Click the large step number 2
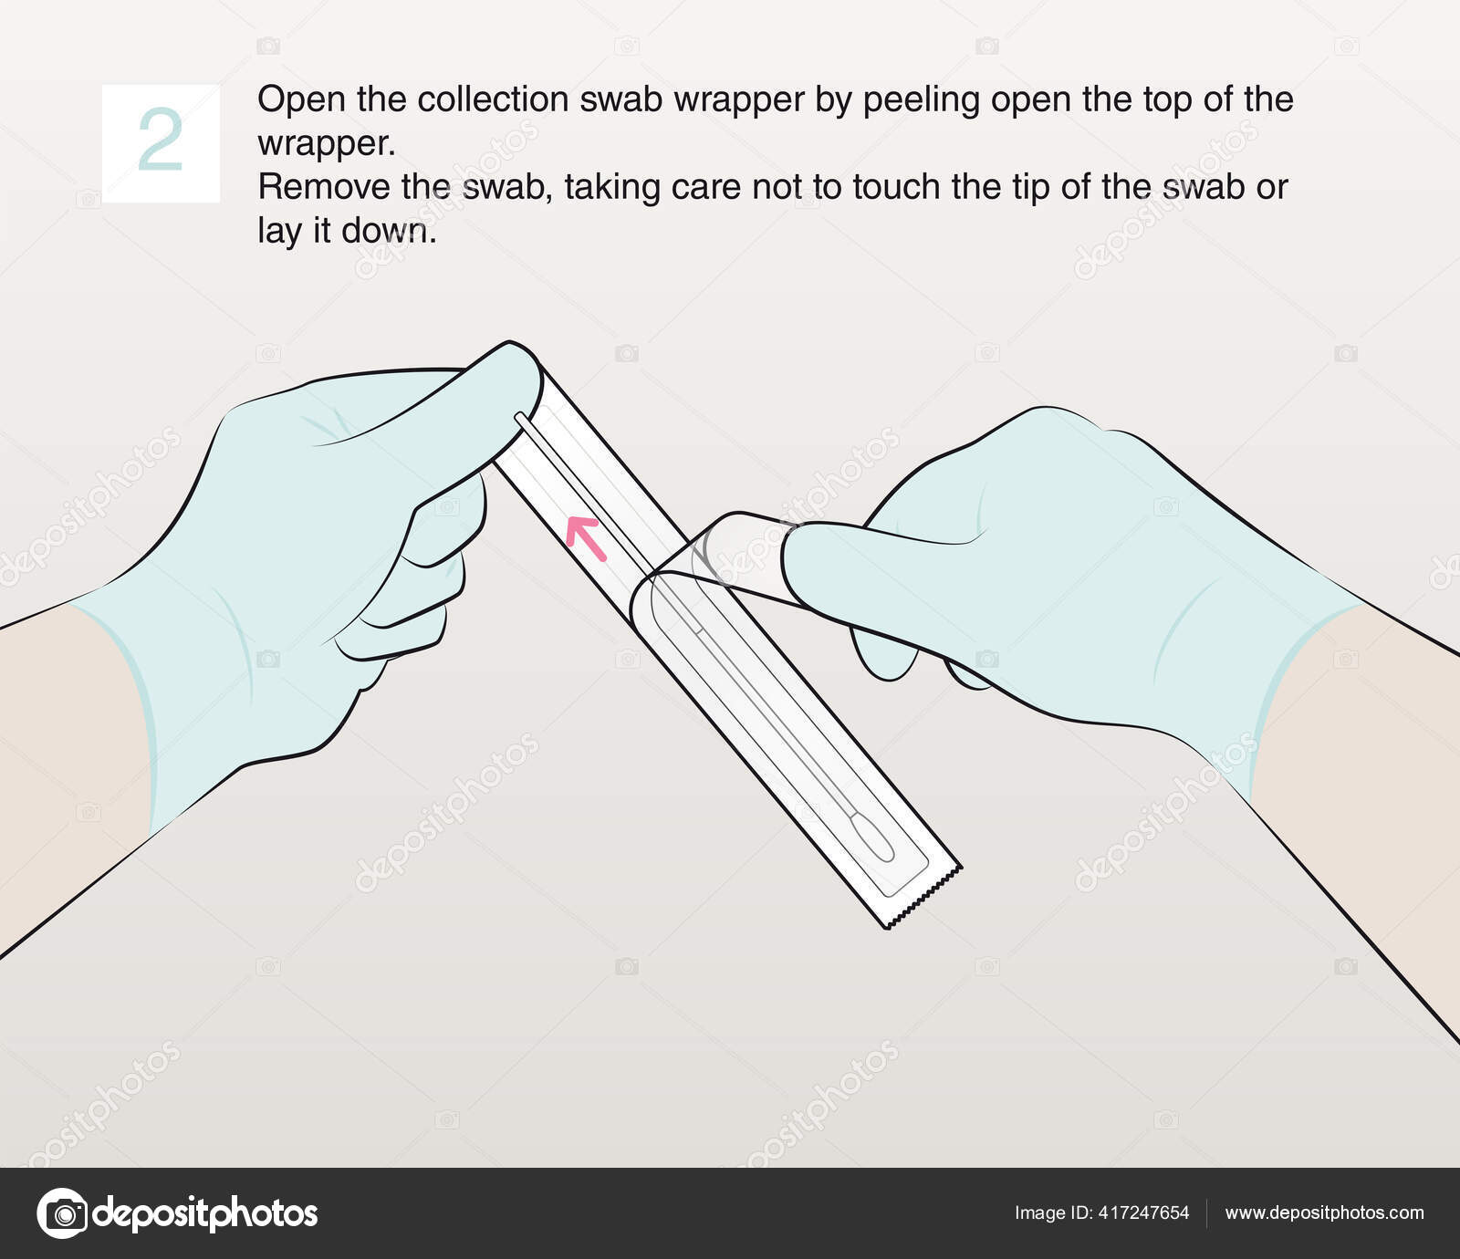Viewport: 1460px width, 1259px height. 160,141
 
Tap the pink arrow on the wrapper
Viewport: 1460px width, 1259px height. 585,536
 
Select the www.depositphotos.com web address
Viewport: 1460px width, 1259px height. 1324,1212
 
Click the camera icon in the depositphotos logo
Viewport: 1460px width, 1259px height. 62,1213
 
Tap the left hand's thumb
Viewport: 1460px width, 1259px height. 456,401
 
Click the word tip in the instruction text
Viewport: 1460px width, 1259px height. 1029,187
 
